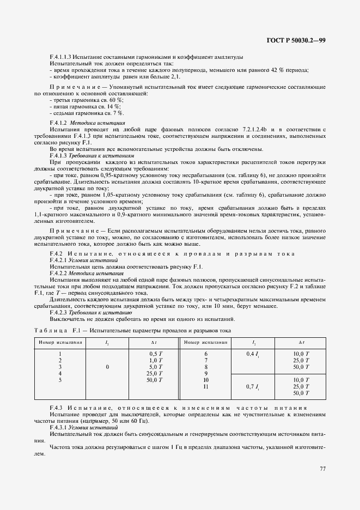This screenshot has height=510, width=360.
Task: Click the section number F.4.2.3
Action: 59,313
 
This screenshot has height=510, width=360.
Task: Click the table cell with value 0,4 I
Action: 253,354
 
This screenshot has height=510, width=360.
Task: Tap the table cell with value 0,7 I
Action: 253,386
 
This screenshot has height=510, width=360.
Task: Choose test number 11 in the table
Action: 205,386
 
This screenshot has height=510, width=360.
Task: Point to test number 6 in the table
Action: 205,354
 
